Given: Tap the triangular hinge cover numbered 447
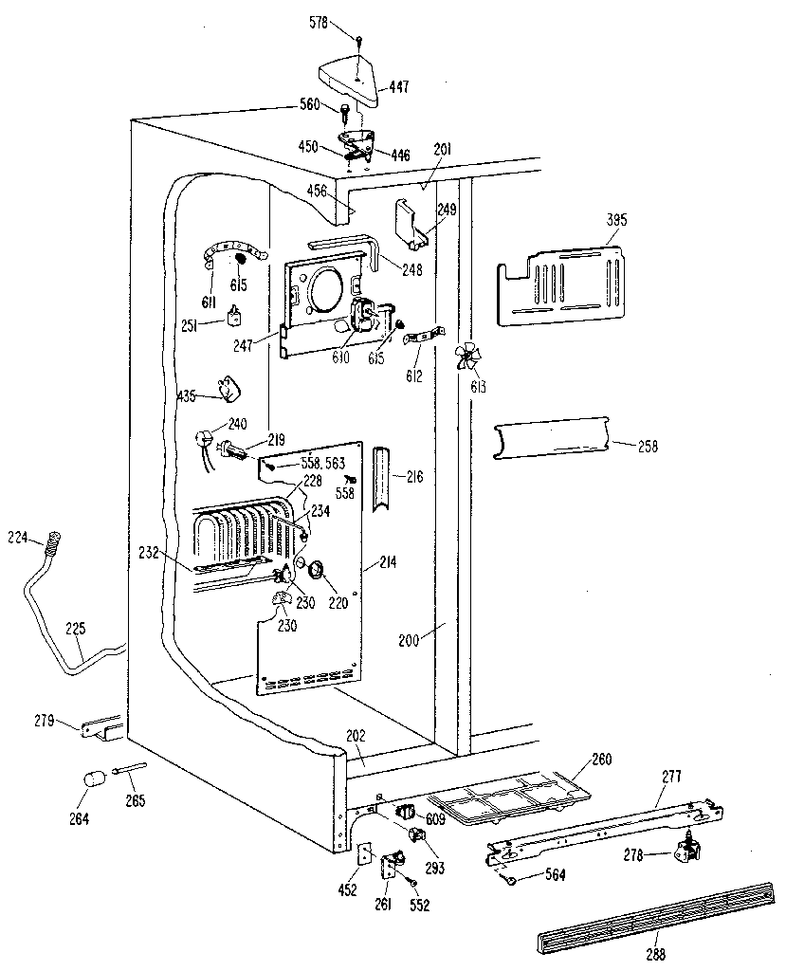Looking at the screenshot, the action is pyautogui.click(x=352, y=78).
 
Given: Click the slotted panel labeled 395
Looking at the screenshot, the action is pyautogui.click(x=560, y=285).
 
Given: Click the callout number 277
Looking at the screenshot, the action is pyautogui.click(x=672, y=776).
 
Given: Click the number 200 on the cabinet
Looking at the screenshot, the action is pyautogui.click(x=410, y=640).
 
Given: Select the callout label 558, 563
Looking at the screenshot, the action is pyautogui.click(x=322, y=463).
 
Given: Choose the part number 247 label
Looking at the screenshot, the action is pyautogui.click(x=242, y=345).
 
